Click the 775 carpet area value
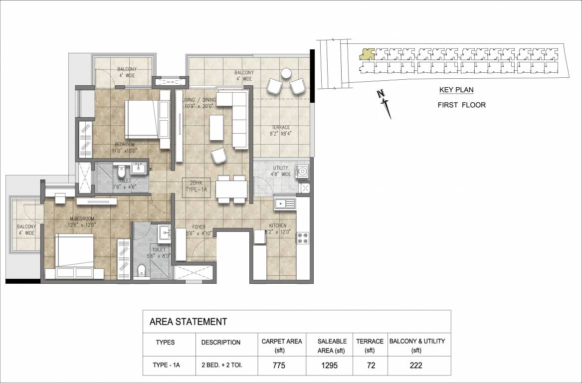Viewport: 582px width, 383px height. point(279,366)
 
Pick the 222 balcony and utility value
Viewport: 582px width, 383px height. point(415,366)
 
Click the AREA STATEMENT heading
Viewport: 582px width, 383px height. point(188,322)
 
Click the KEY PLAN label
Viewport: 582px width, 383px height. point(456,90)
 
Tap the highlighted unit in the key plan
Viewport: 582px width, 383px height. point(367,54)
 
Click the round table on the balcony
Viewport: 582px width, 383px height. point(286,73)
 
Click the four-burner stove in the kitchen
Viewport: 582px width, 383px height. point(302,238)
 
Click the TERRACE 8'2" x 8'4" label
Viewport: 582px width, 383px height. point(280,130)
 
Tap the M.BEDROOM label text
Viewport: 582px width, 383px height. point(82,221)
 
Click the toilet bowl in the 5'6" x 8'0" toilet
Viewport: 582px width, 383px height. point(142,270)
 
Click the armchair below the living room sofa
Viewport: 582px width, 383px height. point(218,157)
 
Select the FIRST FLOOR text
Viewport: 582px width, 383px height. point(461,105)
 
